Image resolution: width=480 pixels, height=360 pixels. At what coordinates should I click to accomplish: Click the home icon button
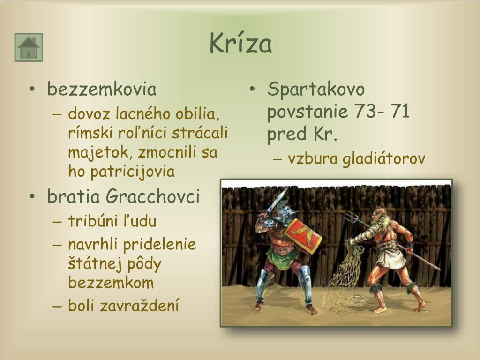(x=29, y=47)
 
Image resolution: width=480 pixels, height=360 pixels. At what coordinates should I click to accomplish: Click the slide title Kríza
(x=240, y=44)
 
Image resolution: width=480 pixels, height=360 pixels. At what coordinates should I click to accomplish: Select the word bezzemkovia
(x=102, y=89)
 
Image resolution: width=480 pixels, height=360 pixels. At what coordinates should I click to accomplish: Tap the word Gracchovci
(x=153, y=196)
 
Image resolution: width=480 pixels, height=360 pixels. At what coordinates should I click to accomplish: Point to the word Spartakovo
(x=316, y=89)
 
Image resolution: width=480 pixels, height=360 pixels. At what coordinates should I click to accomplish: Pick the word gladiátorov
(x=384, y=159)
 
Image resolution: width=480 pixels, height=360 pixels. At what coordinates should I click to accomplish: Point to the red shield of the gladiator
(x=303, y=234)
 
